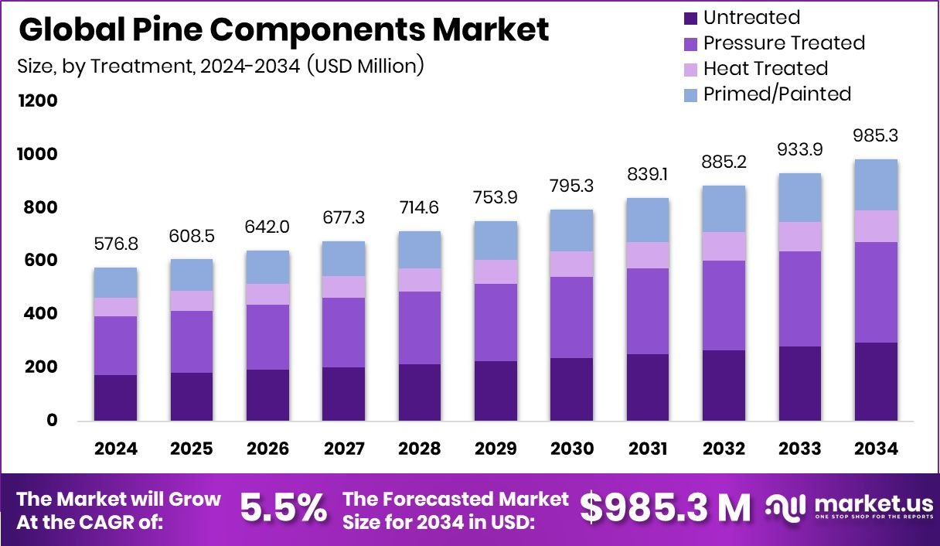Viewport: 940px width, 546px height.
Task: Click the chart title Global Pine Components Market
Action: point(283,29)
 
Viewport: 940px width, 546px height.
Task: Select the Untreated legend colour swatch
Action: point(690,18)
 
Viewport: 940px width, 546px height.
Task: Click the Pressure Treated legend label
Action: point(784,43)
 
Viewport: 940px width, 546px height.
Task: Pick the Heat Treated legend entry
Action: point(765,69)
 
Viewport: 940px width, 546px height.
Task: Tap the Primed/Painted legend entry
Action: point(777,94)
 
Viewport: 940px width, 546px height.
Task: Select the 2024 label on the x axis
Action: point(116,449)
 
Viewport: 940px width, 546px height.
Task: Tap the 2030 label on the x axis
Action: point(572,449)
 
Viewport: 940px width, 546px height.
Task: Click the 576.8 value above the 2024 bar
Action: point(116,245)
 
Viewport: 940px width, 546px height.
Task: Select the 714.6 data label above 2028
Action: point(420,209)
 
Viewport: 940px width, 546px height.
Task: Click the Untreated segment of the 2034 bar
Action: point(876,381)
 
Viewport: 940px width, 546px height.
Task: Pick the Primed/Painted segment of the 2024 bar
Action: point(115,282)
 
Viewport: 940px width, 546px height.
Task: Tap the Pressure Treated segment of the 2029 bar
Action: point(496,322)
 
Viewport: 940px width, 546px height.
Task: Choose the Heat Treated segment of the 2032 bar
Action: point(724,246)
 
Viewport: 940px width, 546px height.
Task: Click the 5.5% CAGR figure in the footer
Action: point(283,508)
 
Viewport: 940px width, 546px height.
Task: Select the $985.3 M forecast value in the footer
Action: point(666,508)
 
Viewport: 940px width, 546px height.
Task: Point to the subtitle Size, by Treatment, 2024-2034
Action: point(220,67)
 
